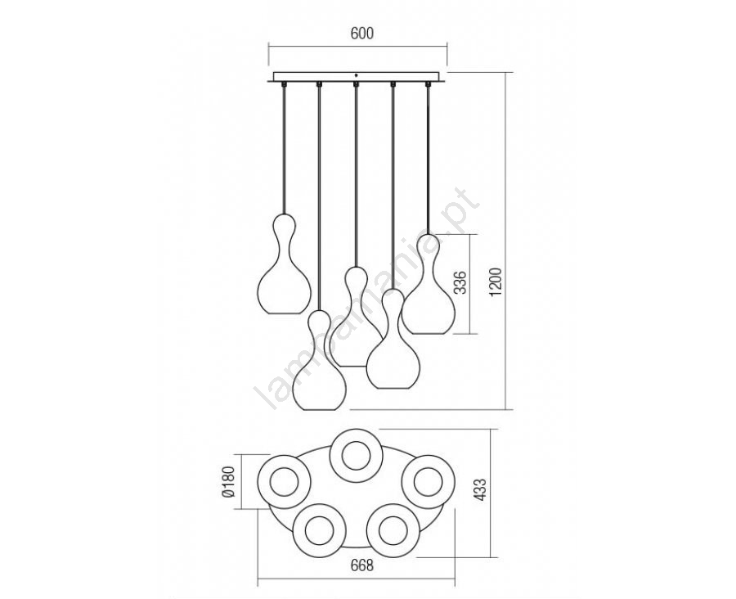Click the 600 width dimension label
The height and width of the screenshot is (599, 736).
tap(361, 34)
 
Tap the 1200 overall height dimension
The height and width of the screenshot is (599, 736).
tap(496, 281)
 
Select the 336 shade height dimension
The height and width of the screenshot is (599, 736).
tap(462, 282)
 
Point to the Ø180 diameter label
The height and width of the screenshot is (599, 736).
tap(229, 483)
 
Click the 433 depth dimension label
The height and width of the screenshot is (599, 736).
tap(482, 490)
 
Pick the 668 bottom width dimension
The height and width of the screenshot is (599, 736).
tap(362, 565)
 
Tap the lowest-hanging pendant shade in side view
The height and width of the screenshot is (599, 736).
tap(319, 360)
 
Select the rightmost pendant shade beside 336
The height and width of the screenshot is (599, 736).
tap(428, 284)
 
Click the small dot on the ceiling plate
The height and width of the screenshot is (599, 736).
tap(357, 75)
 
